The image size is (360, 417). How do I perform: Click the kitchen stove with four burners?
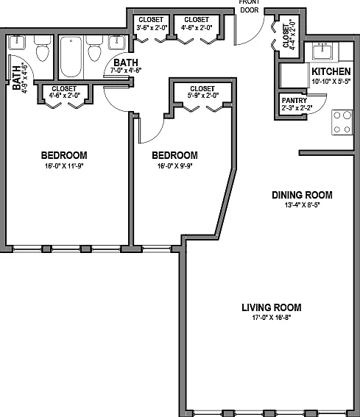342,122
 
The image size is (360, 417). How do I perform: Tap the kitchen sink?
322,51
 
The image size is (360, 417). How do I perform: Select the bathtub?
71,57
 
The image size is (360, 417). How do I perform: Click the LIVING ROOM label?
272,307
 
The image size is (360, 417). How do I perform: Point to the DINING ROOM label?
302,195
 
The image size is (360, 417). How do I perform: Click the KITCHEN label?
331,71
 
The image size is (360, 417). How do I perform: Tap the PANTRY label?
294,101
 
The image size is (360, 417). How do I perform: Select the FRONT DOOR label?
249,6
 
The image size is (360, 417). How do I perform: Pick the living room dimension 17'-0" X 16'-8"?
272,317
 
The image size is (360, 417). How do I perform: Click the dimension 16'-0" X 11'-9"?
64,166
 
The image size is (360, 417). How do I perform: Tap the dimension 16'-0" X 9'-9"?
174,166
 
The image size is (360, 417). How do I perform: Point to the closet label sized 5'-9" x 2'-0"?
202,92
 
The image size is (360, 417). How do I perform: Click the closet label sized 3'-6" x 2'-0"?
151,24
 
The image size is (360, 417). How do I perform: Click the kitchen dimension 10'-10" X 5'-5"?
331,82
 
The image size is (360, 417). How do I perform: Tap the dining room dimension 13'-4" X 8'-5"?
302,205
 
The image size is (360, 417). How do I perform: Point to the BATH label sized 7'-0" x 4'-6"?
126,66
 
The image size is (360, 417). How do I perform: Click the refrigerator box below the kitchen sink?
294,76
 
